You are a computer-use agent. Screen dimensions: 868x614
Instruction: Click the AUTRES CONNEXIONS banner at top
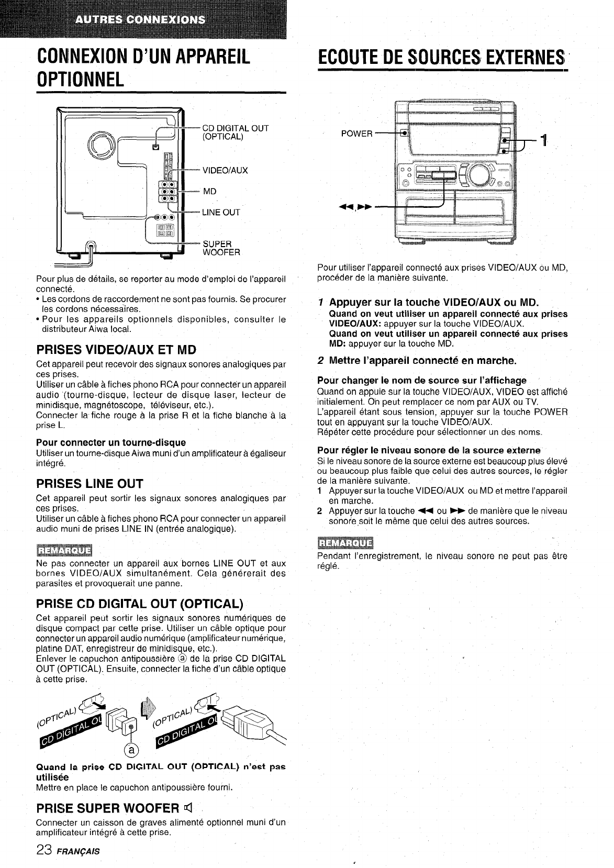(140, 20)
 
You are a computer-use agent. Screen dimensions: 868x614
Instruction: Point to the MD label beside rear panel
(209, 191)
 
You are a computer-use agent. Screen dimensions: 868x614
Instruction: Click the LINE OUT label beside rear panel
(221, 212)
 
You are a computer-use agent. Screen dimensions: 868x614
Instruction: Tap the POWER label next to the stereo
(356, 133)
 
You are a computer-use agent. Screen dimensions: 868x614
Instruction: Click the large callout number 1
(544, 140)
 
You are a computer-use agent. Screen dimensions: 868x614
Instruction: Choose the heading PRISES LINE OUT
(90, 483)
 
